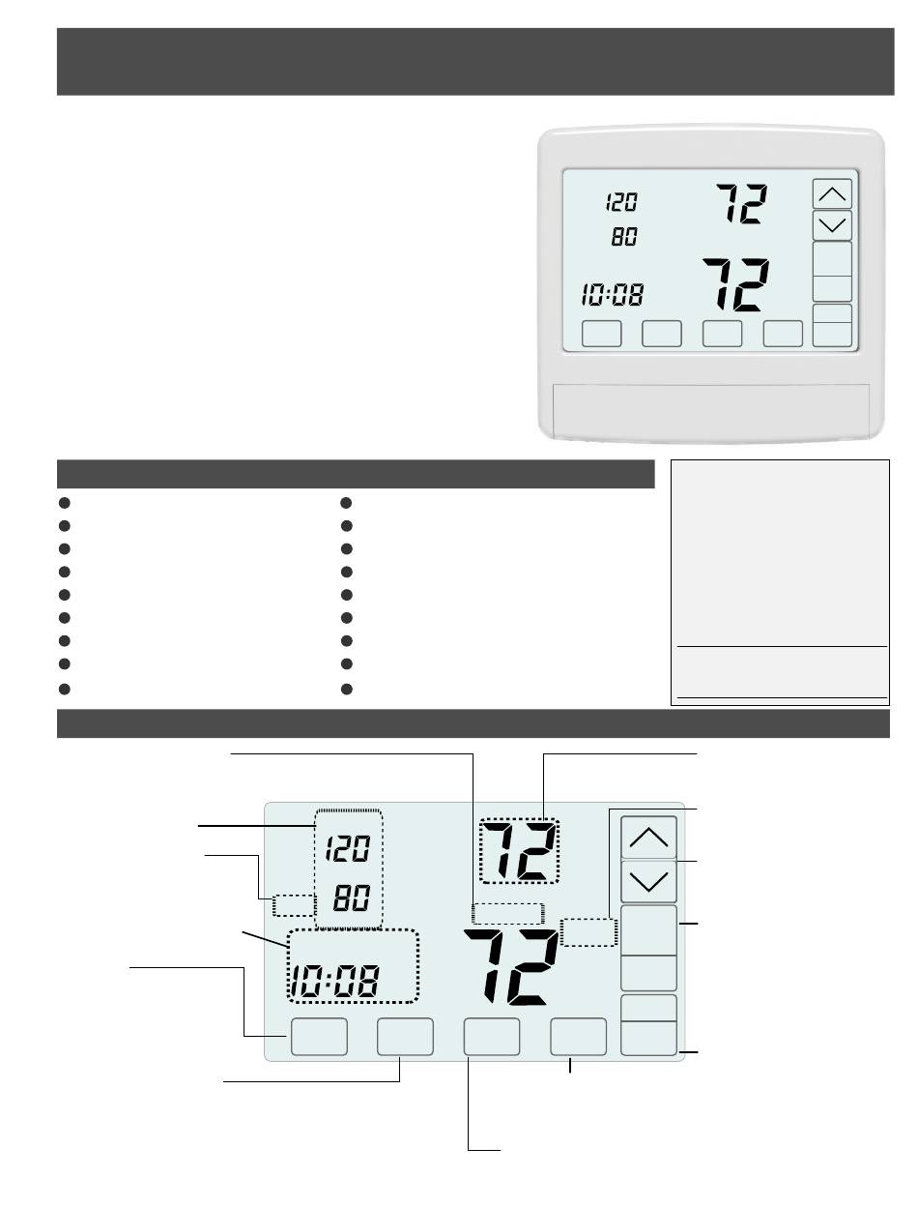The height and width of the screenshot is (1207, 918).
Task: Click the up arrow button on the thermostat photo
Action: pos(832,193)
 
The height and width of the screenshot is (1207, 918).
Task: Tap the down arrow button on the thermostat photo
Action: pos(832,225)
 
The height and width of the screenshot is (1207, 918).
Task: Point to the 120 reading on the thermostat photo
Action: pos(621,202)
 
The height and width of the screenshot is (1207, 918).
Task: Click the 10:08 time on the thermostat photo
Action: pos(612,294)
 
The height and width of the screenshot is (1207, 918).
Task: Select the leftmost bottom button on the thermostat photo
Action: pos(602,334)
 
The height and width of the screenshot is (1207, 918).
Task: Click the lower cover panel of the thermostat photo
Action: pos(711,411)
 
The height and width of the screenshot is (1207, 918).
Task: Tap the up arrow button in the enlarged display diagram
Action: pos(648,837)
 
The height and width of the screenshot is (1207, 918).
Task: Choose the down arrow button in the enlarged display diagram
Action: pos(648,881)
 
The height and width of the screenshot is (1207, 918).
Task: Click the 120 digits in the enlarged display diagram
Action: pos(348,848)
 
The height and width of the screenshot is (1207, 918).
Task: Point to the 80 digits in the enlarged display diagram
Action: pos(352,897)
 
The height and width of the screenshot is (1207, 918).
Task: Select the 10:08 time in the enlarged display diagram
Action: pos(334,981)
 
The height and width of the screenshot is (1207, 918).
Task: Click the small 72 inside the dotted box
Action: pos(519,851)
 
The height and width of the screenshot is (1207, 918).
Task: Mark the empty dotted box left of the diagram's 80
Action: pos(294,905)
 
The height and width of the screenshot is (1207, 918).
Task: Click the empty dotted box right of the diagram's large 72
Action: pos(588,932)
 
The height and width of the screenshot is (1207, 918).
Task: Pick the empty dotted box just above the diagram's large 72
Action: pos(507,913)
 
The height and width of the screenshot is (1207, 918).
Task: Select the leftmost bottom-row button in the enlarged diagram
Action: pos(319,1037)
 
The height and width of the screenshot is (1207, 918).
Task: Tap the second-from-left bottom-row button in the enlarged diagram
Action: pos(405,1037)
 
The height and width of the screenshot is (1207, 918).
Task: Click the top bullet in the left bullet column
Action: pos(65,503)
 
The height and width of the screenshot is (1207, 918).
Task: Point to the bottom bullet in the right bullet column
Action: pos(346,689)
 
